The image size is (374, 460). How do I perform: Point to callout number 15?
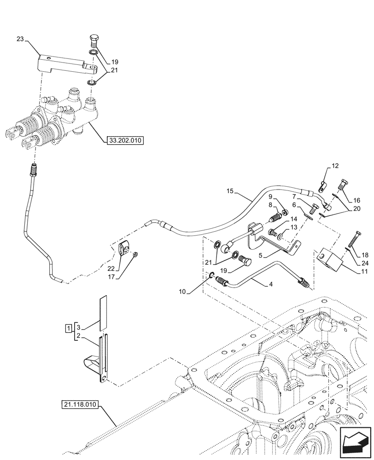coord(230,191)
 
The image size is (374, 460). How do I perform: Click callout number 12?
coord(335,166)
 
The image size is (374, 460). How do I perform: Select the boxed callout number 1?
coord(68,328)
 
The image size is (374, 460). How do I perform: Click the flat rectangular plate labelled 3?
coord(103,311)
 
